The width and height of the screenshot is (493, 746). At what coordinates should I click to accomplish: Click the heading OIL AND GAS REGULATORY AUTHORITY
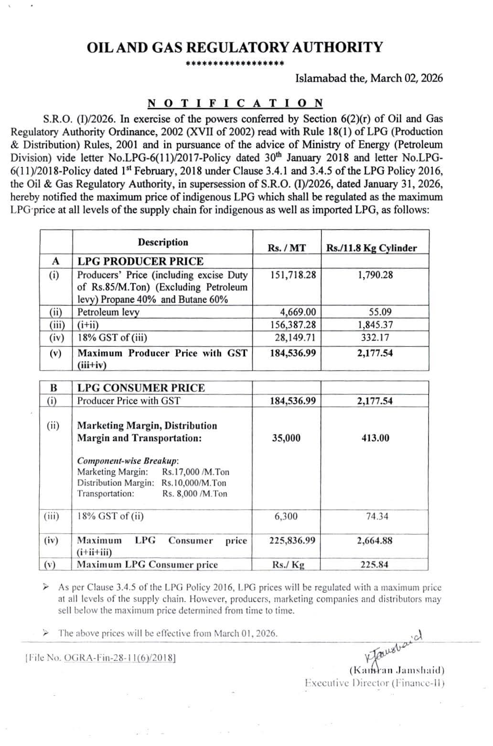(235, 47)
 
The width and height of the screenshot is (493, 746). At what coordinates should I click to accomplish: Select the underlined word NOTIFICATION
(236, 103)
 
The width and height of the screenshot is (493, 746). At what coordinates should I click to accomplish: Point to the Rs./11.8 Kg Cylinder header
(371, 248)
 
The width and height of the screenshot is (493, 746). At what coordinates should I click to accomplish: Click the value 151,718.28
(293, 275)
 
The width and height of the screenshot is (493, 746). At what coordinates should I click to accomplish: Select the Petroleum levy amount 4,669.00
(298, 312)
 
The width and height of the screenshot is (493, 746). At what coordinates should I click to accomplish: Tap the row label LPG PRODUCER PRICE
(140, 261)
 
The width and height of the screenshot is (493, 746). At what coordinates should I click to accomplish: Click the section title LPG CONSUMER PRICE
(141, 388)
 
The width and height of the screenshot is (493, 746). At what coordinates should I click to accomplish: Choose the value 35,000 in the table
(286, 438)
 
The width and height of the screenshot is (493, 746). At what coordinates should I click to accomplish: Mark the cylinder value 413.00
(375, 438)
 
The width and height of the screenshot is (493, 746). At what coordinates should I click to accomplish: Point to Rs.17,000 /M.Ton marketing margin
(195, 472)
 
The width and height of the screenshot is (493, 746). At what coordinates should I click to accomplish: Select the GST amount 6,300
(286, 516)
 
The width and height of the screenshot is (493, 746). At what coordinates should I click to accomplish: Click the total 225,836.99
(292, 541)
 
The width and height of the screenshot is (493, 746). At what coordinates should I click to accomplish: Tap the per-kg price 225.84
(374, 565)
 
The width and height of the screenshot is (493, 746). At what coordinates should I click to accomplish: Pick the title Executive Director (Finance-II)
(375, 683)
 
